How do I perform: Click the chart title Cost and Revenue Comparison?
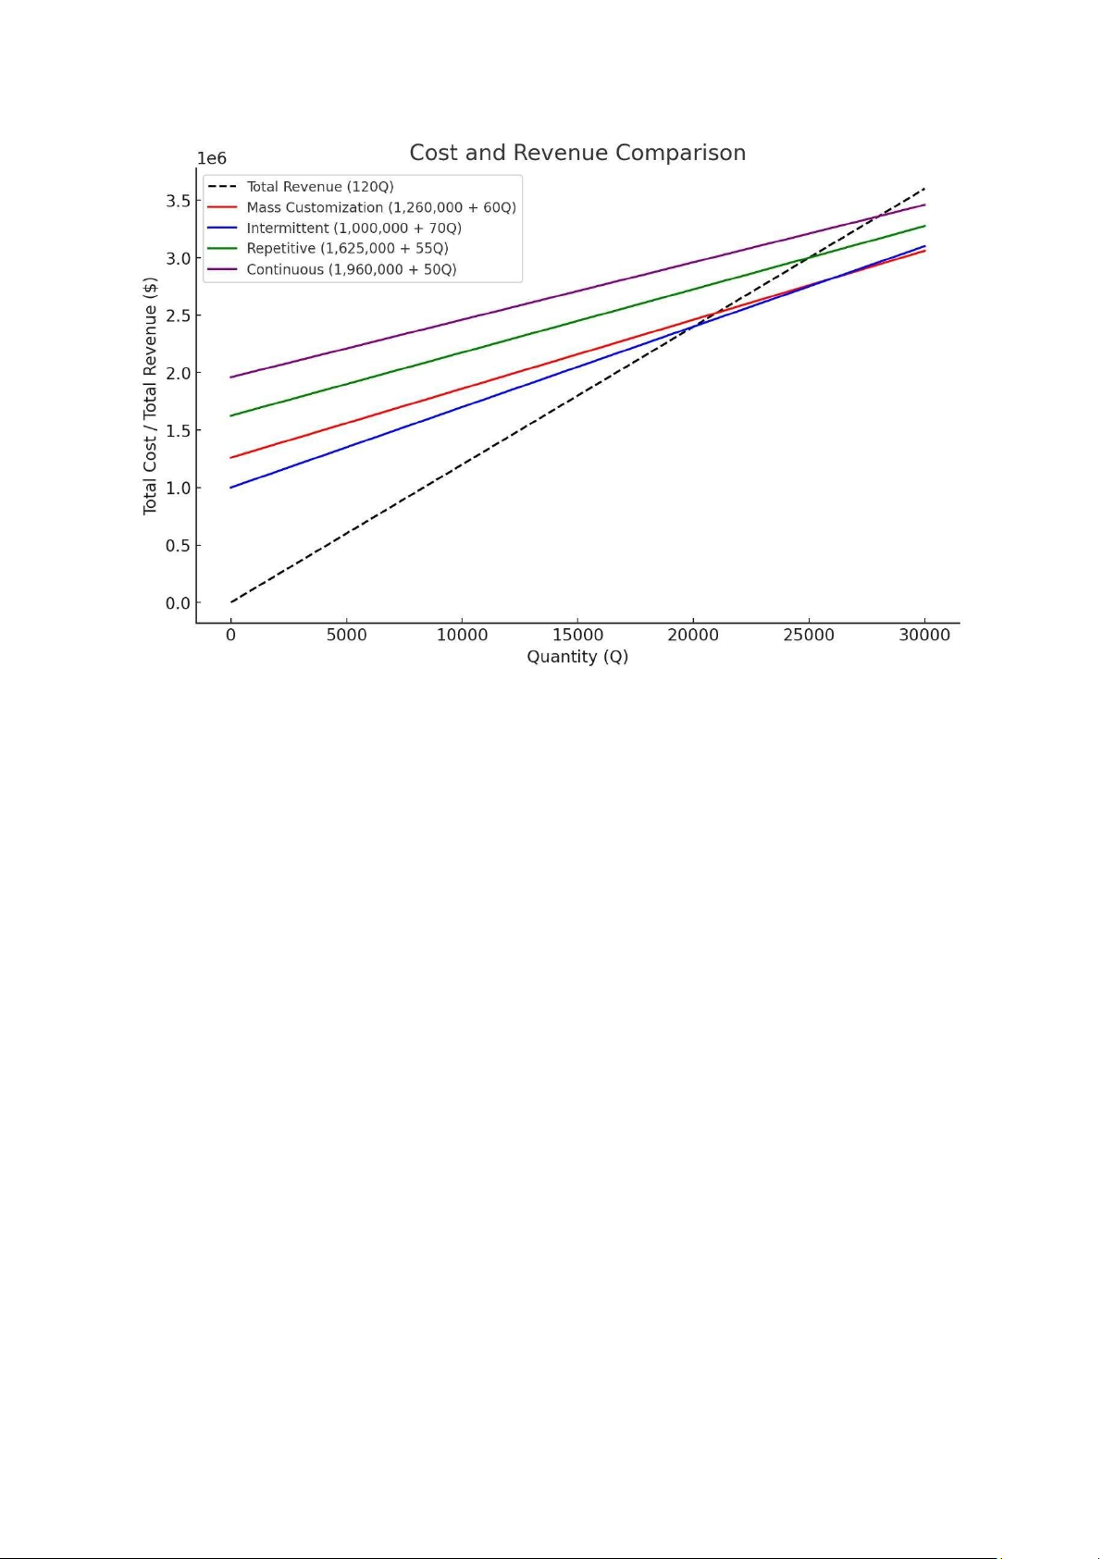tap(576, 153)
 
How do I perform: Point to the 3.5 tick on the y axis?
tap(178, 201)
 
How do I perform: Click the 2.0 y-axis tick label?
tap(178, 373)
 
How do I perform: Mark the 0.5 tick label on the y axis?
tap(178, 546)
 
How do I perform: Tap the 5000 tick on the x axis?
tap(347, 635)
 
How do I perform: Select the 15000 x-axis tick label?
tap(577, 635)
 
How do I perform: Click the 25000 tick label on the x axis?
tap(809, 635)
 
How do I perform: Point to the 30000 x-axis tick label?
tap(924, 635)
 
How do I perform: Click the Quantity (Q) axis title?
tap(577, 656)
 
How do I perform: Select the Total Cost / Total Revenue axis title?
tap(150, 396)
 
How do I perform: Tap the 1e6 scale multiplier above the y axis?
tap(212, 159)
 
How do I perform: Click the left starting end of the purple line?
tap(231, 377)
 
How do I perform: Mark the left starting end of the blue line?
tap(231, 488)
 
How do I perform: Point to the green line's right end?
tap(924, 226)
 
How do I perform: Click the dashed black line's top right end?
tap(924, 189)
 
